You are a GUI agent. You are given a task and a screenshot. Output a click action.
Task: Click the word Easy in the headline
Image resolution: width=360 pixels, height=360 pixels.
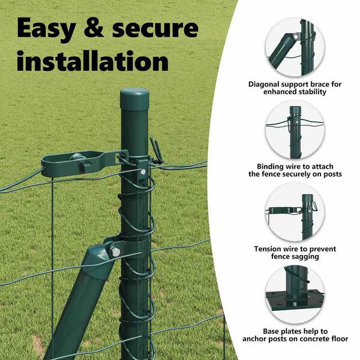point(47,28)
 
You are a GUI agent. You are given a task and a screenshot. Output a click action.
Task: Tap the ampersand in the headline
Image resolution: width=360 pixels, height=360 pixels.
point(94,28)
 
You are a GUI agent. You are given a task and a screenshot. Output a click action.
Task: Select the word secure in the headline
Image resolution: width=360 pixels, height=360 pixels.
point(155,29)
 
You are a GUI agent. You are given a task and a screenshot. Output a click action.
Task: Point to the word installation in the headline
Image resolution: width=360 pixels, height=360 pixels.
point(92,60)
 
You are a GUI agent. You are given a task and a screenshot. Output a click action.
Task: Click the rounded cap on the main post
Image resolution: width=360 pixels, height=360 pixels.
point(134,99)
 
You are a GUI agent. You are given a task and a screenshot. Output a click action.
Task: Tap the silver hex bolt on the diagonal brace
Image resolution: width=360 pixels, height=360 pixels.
point(115,251)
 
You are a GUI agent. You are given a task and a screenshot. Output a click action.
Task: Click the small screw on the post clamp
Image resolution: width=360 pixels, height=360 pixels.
point(143,171)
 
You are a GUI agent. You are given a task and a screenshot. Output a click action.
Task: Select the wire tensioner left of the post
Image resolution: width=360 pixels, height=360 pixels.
point(84,163)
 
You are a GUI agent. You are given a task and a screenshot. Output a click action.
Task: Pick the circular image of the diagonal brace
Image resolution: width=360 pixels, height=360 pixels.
point(295,47)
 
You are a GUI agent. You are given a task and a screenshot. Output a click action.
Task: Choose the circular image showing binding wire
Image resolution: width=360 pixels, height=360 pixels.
point(295,130)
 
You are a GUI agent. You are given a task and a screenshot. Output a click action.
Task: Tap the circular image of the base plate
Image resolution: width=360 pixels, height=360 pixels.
point(295,295)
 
